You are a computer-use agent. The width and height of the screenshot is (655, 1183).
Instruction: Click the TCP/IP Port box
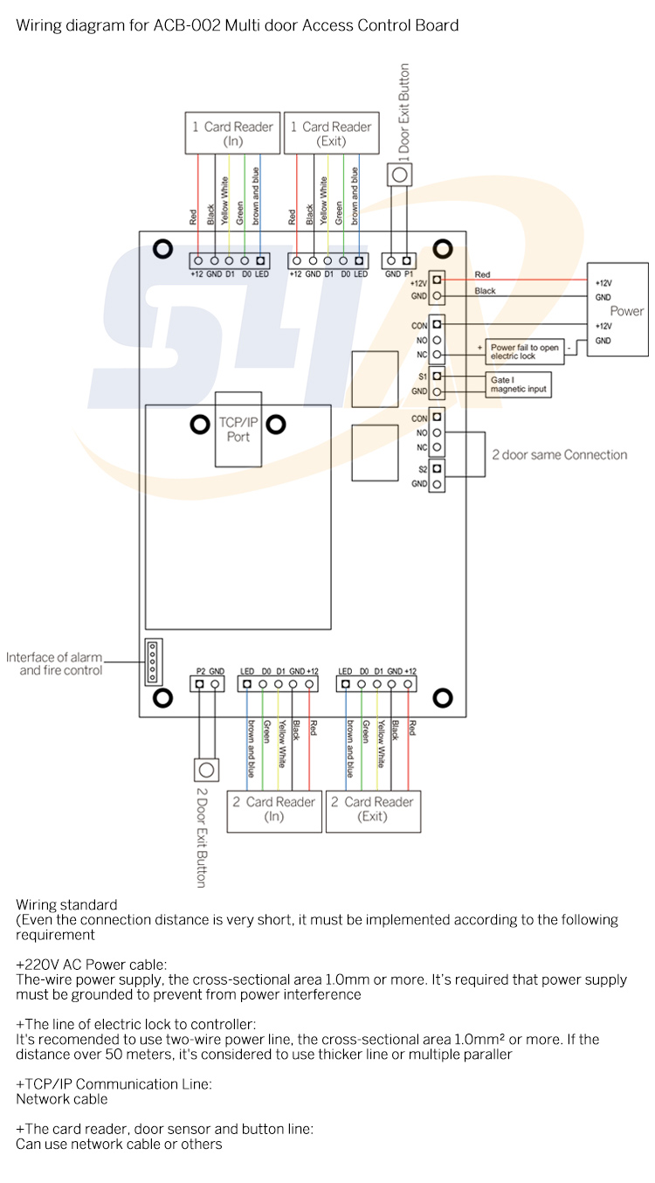(238, 429)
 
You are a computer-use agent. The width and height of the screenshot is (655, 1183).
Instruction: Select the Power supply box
(617, 310)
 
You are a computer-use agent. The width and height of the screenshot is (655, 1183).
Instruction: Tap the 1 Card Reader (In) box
(232, 133)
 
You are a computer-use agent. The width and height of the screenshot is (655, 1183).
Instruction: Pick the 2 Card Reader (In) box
(274, 810)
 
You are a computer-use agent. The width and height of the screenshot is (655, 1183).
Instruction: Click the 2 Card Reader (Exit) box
(373, 810)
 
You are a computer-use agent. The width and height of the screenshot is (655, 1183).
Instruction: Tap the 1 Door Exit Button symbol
(400, 175)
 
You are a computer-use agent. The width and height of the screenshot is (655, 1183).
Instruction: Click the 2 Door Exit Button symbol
(206, 770)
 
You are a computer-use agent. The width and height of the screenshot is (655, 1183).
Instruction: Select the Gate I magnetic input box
(519, 384)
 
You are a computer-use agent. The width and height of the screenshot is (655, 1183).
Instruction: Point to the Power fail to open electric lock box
(524, 352)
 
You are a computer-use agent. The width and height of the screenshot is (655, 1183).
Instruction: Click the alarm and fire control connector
(152, 661)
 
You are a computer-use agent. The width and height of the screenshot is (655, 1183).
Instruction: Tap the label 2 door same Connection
(559, 454)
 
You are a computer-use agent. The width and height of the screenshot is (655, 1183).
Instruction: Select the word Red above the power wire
(482, 275)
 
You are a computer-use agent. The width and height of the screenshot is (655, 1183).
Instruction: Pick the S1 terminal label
(421, 377)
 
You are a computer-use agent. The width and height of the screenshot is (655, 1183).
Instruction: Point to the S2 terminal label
(421, 469)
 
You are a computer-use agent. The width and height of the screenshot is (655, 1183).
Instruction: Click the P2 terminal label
(199, 671)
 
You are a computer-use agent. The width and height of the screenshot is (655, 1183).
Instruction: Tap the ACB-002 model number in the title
(188, 25)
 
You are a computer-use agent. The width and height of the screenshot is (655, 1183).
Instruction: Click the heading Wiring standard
(66, 905)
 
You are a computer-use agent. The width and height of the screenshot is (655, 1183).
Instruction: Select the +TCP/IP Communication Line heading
(114, 1084)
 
